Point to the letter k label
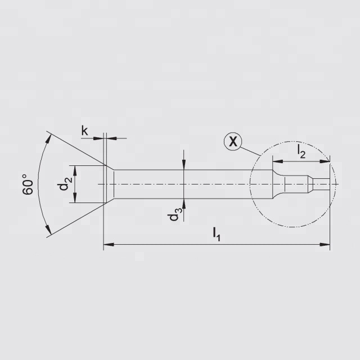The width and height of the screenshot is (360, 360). tap(84, 130)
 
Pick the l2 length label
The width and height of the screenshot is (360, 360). tap(301, 151)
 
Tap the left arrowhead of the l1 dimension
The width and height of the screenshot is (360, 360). tap(108, 244)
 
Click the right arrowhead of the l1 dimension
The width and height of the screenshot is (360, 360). tap(325, 244)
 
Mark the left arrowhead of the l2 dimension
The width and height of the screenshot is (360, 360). tap(278, 162)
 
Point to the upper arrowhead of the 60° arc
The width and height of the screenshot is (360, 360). tap(47, 137)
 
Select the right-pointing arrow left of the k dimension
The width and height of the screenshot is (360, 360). tap(100, 137)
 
